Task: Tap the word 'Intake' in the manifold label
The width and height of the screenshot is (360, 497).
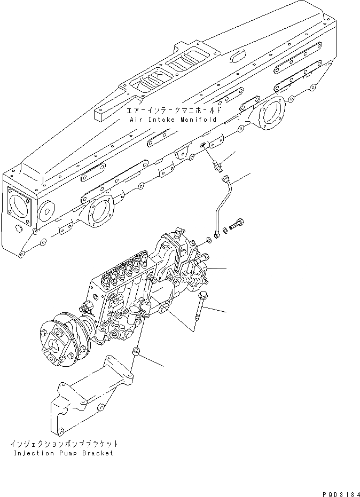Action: click(160, 120)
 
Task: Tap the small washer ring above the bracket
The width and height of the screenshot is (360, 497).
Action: click(136, 352)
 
